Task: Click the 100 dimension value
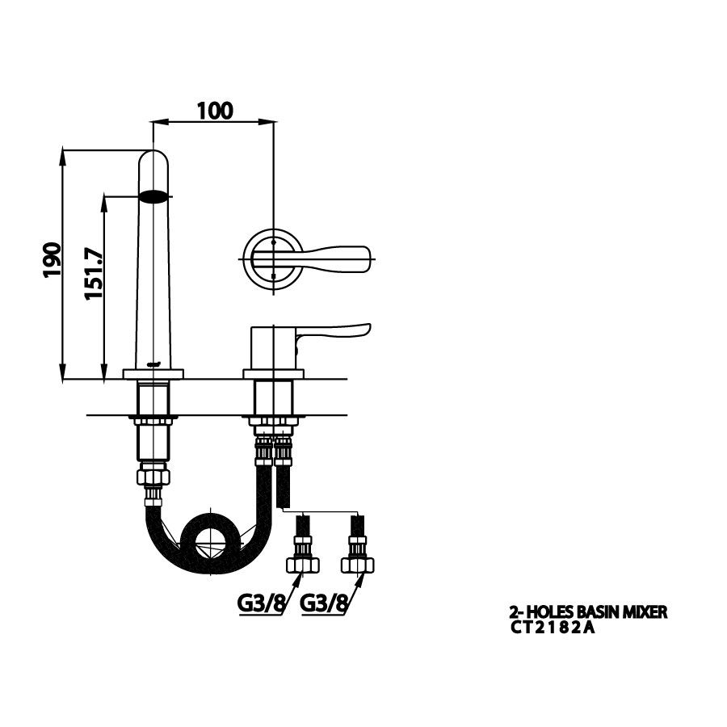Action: click(215, 111)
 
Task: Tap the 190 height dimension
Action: click(53, 259)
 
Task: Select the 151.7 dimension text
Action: click(94, 273)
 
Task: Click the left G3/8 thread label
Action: click(261, 603)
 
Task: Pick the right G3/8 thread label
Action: click(324, 603)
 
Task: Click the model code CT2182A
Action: click(553, 628)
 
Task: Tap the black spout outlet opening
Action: click(153, 196)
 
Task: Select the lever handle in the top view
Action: click(325, 258)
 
